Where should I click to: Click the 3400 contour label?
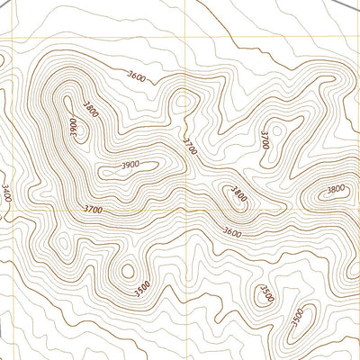coord(7,193)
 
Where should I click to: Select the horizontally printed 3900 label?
coord(130,165)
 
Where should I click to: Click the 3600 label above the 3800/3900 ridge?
coord(137,76)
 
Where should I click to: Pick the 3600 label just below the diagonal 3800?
coord(232,232)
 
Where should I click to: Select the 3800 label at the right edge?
coord(336,189)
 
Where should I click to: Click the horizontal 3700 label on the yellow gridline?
coord(92,210)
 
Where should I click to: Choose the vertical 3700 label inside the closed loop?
coord(265,139)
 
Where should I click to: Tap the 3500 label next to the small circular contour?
coord(141,288)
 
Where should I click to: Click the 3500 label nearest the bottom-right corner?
coord(298,318)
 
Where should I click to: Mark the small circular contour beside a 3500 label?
coord(126,269)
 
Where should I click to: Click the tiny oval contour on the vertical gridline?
coord(184,100)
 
